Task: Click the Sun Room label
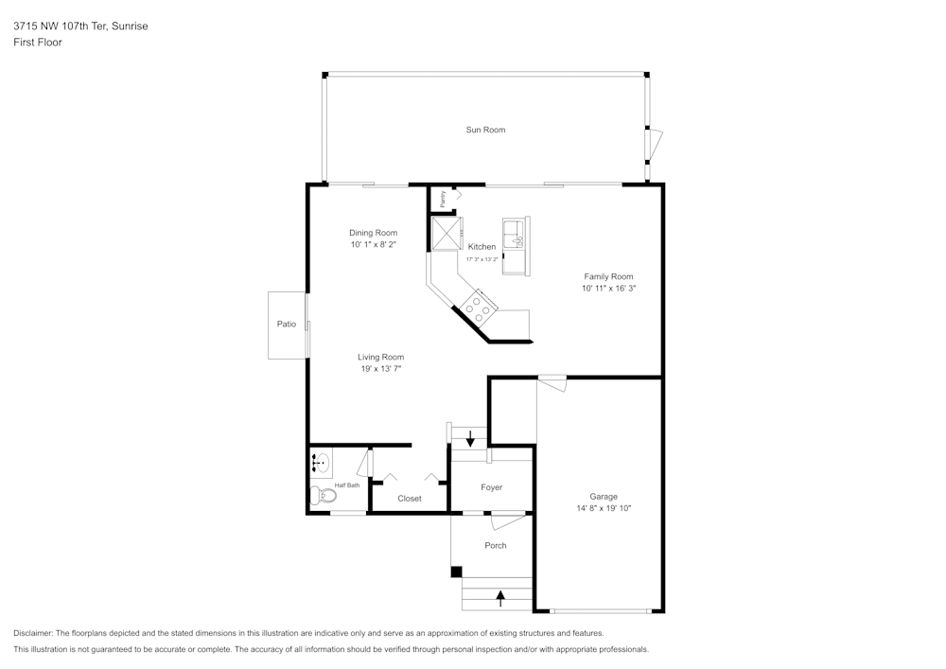484,130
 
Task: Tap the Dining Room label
373,233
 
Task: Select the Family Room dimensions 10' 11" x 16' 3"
608,288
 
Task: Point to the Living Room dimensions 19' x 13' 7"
380,369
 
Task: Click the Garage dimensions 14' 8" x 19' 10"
604,508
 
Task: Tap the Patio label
286,325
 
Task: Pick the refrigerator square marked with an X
445,233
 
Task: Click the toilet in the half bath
324,495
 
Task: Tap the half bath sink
321,463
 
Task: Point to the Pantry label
443,199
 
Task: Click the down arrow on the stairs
470,438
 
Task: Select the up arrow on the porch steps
499,597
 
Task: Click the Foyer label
491,487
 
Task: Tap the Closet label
410,499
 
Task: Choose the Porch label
495,545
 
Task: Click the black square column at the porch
456,572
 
